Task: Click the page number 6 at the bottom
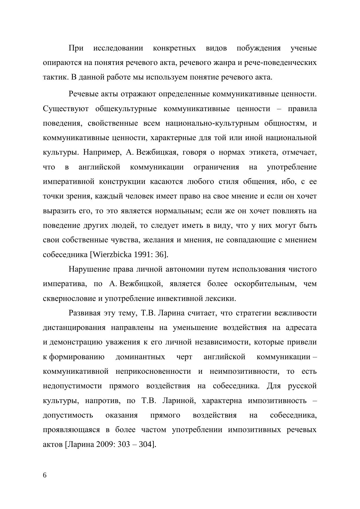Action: coord(45,475)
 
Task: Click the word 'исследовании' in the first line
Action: coord(118,48)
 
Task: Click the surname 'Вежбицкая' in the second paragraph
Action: coord(156,153)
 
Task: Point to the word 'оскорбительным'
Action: coord(265,284)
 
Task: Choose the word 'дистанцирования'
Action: coord(74,328)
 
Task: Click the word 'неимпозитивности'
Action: coord(244,371)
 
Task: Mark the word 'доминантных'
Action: coord(140,357)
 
